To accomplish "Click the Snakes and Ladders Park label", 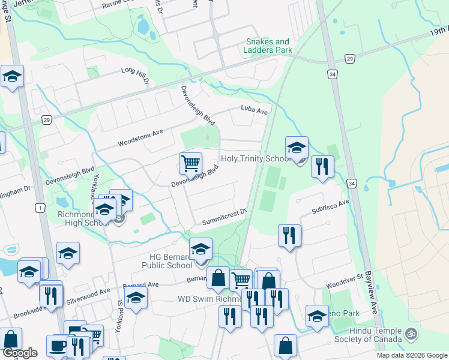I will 269,46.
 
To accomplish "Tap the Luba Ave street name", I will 253,109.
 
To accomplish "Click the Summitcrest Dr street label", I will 224,214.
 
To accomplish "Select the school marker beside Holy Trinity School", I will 297,148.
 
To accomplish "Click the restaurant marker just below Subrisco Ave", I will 289,235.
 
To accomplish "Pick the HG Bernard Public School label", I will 167,261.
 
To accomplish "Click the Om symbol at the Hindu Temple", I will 411,332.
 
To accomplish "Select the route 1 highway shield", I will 40,208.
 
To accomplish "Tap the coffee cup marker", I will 58,346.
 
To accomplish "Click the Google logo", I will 19,353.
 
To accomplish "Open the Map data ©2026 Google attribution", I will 412,355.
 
